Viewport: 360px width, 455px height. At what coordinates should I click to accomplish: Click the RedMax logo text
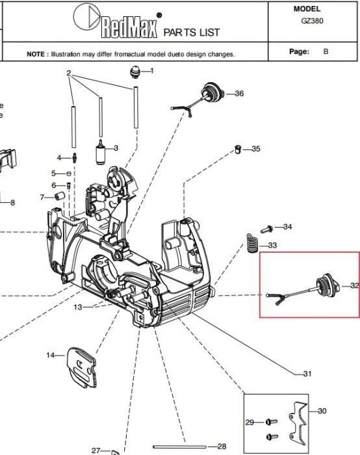tap(129, 27)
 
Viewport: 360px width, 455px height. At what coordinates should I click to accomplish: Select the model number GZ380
tap(312, 21)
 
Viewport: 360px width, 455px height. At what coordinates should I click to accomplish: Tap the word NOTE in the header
tap(36, 54)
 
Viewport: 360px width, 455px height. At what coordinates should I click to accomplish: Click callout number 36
tap(239, 94)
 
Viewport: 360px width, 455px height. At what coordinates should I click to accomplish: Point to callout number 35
tap(256, 149)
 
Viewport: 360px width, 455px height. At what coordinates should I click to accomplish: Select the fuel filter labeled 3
tap(100, 152)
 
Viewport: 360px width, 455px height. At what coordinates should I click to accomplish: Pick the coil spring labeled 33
tap(252, 243)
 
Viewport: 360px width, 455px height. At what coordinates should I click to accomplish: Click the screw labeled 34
tap(267, 229)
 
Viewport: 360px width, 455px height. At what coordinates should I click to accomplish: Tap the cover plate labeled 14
tap(81, 367)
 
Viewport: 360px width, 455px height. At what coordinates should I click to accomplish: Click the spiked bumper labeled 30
tap(298, 423)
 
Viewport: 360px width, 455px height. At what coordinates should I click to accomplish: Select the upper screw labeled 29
tap(272, 422)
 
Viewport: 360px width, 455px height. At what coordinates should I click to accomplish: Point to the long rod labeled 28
tap(179, 447)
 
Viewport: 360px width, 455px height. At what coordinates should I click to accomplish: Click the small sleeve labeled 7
tap(60, 196)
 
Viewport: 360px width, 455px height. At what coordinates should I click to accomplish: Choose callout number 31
tap(307, 374)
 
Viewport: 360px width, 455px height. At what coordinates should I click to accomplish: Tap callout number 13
tap(78, 307)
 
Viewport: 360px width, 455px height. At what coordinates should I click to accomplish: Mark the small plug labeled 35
tap(238, 149)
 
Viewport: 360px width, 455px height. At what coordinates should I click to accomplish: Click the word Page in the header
tap(299, 51)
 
